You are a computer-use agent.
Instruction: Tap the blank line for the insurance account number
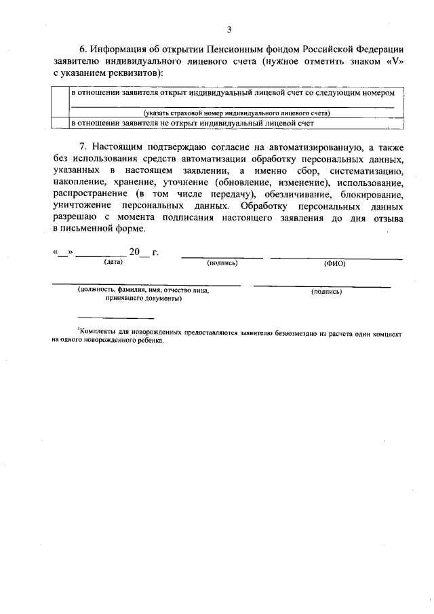[x=232, y=107]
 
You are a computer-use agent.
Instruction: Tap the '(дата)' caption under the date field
[x=108, y=262]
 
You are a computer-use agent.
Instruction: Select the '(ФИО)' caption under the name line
[x=334, y=263]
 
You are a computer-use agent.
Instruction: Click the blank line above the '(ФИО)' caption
[x=336, y=257]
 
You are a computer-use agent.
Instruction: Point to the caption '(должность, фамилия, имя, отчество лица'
[x=143, y=290]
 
